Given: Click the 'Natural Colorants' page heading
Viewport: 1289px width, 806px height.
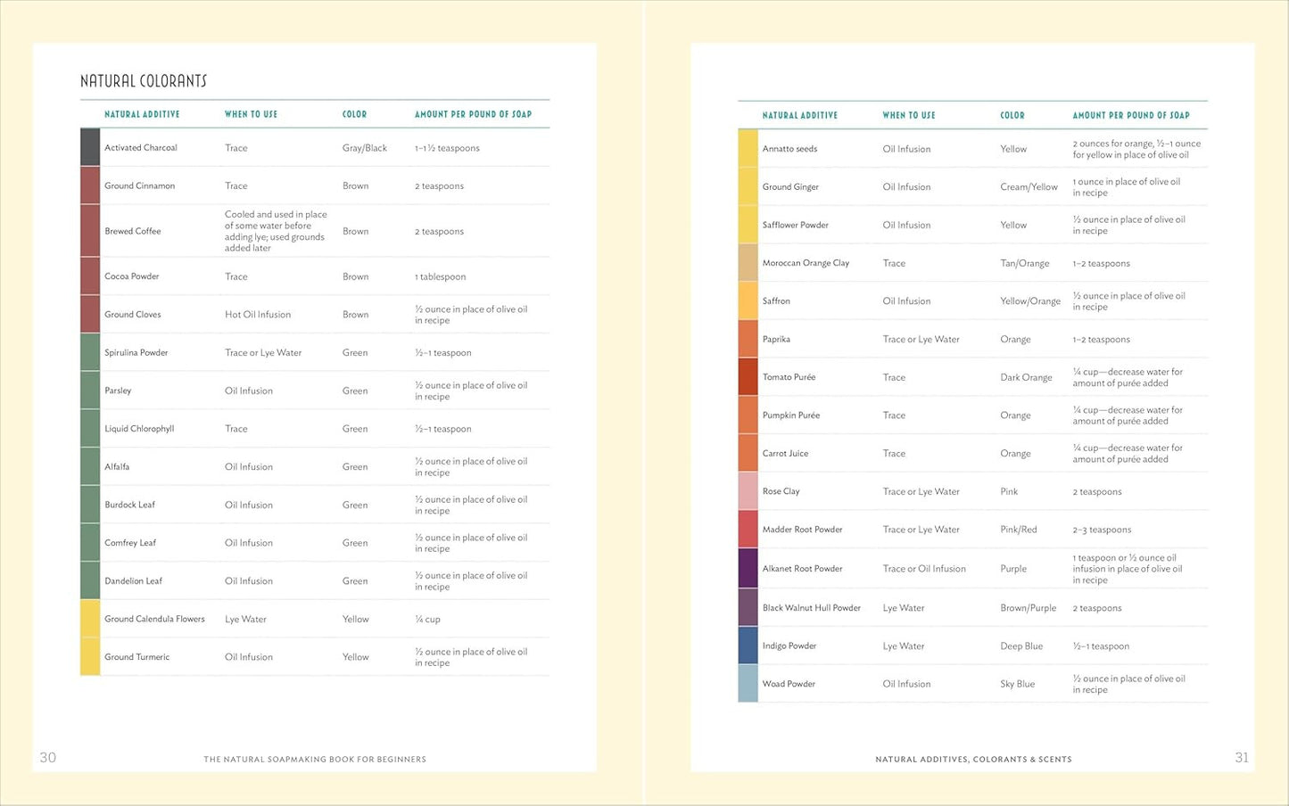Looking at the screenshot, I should pyautogui.click(x=144, y=81).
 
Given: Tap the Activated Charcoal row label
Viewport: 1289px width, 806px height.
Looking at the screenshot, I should pyautogui.click(x=141, y=148).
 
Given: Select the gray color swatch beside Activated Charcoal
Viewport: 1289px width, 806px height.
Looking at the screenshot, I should pyautogui.click(x=90, y=147).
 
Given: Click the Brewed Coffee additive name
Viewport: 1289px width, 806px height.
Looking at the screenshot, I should pyautogui.click(x=133, y=231).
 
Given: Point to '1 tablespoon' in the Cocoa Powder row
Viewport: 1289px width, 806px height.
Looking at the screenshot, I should pyautogui.click(x=440, y=276).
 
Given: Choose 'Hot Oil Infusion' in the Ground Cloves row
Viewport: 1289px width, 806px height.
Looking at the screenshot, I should pyautogui.click(x=258, y=315).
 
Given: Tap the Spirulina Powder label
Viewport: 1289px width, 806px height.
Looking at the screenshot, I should pyautogui.click(x=136, y=352).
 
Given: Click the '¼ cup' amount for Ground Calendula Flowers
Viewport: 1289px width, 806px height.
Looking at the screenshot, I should pyautogui.click(x=427, y=619).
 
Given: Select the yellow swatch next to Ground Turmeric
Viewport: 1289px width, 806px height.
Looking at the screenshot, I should pyautogui.click(x=90, y=656).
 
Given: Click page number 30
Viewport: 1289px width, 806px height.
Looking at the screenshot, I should pyautogui.click(x=48, y=757).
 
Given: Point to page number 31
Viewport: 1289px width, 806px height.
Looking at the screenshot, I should pyautogui.click(x=1242, y=757).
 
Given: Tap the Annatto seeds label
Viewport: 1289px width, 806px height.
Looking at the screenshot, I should pyautogui.click(x=789, y=149).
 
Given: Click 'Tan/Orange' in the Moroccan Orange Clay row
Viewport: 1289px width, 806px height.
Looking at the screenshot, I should pyautogui.click(x=1024, y=263).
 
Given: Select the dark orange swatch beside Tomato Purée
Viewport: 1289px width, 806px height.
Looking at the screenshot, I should pyautogui.click(x=748, y=376).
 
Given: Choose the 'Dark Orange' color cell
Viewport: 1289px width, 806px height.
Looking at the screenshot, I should pyautogui.click(x=1026, y=377).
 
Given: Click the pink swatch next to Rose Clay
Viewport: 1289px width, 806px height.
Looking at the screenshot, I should pyautogui.click(x=748, y=491).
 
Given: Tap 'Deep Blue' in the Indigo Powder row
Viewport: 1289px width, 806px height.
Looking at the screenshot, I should pyautogui.click(x=1021, y=646).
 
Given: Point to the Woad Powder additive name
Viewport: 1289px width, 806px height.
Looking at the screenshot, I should pyautogui.click(x=789, y=684).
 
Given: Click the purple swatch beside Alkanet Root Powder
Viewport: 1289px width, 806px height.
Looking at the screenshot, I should pyautogui.click(x=748, y=568).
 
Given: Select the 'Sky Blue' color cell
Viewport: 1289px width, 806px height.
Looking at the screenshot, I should pyautogui.click(x=1017, y=684).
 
